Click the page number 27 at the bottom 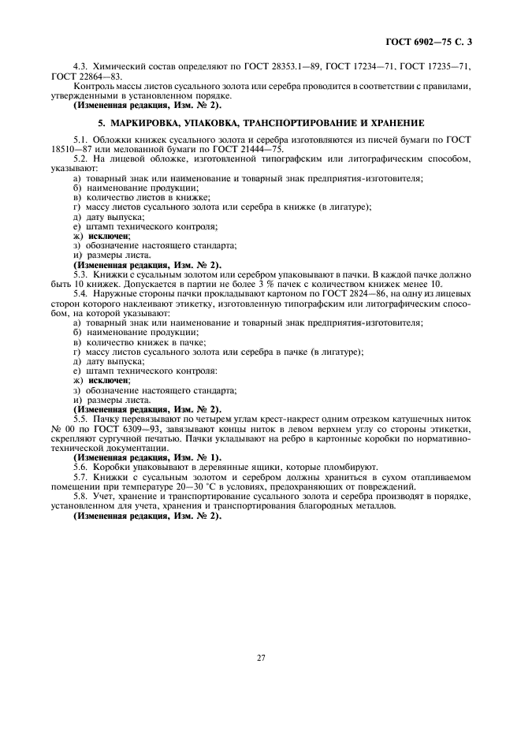[259, 657]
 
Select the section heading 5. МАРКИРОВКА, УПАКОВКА [260, 123]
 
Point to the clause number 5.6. [80, 467]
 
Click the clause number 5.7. [80, 476]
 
